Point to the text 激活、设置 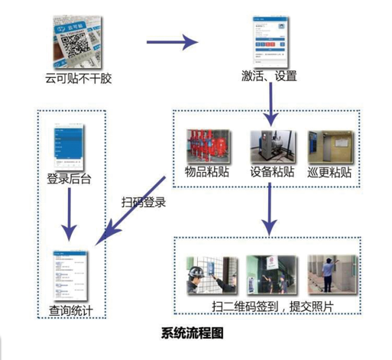[268, 77]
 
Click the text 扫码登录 [144, 204]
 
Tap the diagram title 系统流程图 [193, 335]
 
